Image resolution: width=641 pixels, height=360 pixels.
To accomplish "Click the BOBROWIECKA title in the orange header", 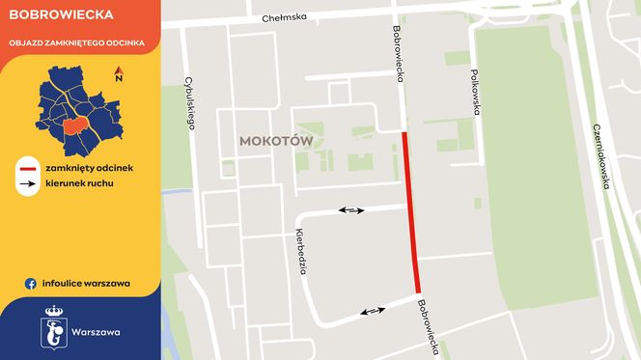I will coord(59,15).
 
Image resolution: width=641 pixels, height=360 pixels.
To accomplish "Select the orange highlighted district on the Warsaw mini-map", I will coord(75,126).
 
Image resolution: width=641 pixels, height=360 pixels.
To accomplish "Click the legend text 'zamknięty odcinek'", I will coord(89,168).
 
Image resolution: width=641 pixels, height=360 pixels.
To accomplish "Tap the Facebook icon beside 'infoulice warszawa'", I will coord(31,284).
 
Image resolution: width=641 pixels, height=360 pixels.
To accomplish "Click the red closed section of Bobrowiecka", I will coord(411,212).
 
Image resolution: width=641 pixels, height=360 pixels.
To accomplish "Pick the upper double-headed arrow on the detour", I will coord(350,209).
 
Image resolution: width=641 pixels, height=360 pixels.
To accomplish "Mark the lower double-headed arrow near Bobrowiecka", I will coord(373,311).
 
